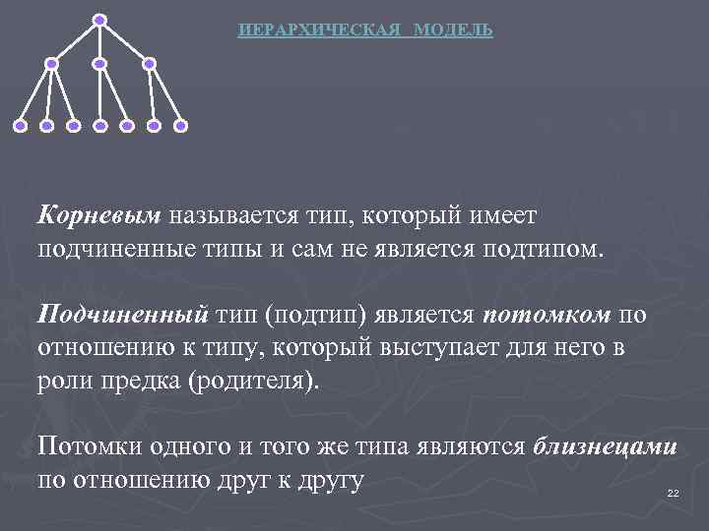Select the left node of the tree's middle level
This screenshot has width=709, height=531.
(51, 64)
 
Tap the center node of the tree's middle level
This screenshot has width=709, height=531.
(99, 64)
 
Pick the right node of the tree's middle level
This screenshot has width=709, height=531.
(149, 64)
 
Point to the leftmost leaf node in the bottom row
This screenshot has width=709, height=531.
(20, 126)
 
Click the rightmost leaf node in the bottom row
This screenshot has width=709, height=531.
(180, 126)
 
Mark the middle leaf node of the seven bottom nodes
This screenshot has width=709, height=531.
(99, 126)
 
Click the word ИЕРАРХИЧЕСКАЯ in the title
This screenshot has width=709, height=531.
(320, 30)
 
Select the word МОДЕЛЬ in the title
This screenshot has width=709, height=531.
(453, 30)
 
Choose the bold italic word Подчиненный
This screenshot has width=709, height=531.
(122, 314)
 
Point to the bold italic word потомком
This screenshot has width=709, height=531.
(548, 314)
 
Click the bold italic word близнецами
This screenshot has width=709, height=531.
(605, 447)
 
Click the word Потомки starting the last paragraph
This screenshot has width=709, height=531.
(88, 447)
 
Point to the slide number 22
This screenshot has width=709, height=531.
(674, 493)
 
